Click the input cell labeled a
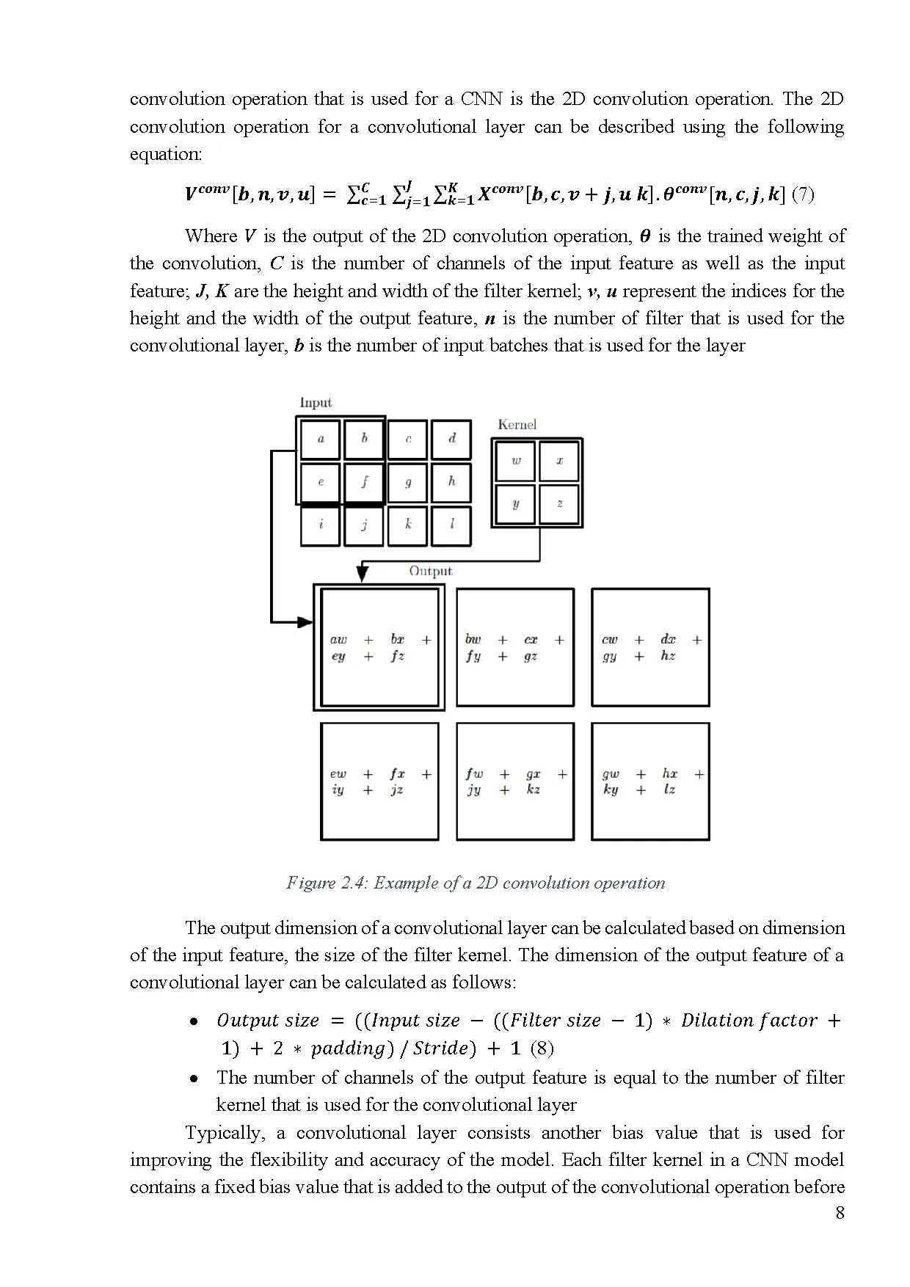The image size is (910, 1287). pyautogui.click(x=321, y=440)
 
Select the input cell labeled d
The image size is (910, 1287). pyautogui.click(x=451, y=440)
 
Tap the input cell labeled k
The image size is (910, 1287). pyautogui.click(x=408, y=525)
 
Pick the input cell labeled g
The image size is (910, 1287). pyautogui.click(x=408, y=482)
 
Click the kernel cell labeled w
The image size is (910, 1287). pyautogui.click(x=516, y=461)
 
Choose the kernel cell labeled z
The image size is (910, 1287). pyautogui.click(x=559, y=504)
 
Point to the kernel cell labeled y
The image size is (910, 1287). pyautogui.click(x=516, y=504)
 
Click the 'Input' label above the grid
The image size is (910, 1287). pyautogui.click(x=316, y=403)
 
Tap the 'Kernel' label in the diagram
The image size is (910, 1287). pyautogui.click(x=517, y=425)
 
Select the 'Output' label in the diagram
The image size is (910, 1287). pyautogui.click(x=431, y=571)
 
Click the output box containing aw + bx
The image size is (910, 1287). pyautogui.click(x=379, y=647)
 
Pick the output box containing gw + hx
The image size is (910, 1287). pyautogui.click(x=650, y=781)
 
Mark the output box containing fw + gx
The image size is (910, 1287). pyautogui.click(x=515, y=781)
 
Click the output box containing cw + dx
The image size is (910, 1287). pyautogui.click(x=650, y=647)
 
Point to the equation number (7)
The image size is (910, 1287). pyautogui.click(x=804, y=194)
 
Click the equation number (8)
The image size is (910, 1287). pyautogui.click(x=541, y=1048)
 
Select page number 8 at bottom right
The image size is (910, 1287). pyautogui.click(x=840, y=1213)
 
